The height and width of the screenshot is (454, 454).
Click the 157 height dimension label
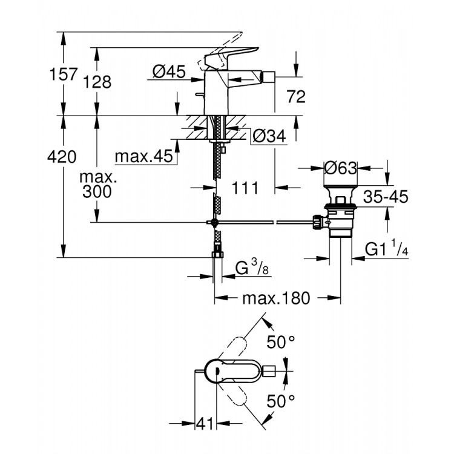63,74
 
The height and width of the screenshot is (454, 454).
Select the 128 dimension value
98,82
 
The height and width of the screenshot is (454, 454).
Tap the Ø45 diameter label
168,71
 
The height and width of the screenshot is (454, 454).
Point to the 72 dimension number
296,96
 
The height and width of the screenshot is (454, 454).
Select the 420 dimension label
62,157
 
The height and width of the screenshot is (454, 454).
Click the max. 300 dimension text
97,185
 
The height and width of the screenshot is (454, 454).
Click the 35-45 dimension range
386,197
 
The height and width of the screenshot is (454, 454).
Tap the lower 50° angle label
281,400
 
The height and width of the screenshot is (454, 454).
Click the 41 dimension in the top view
205,424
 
